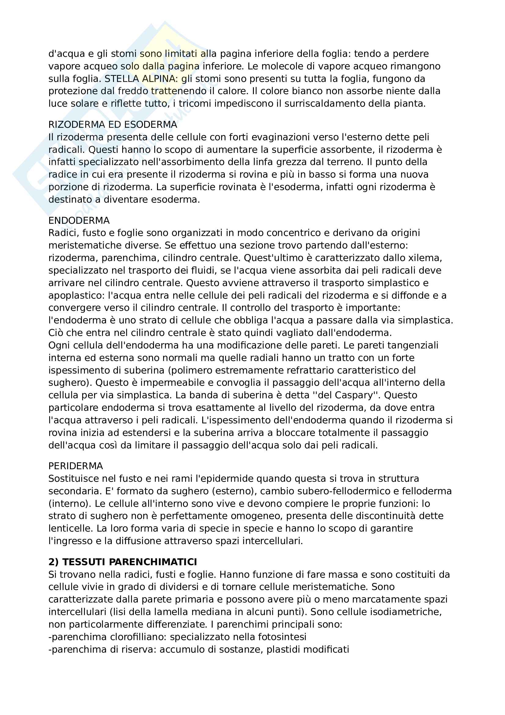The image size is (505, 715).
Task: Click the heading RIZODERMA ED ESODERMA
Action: pos(113,124)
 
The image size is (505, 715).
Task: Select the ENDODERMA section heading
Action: pos(79,220)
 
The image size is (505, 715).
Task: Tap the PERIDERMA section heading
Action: pos(75,466)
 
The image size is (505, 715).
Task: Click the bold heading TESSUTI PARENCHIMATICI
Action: pos(130,562)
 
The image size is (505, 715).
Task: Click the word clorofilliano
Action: pos(138,637)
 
